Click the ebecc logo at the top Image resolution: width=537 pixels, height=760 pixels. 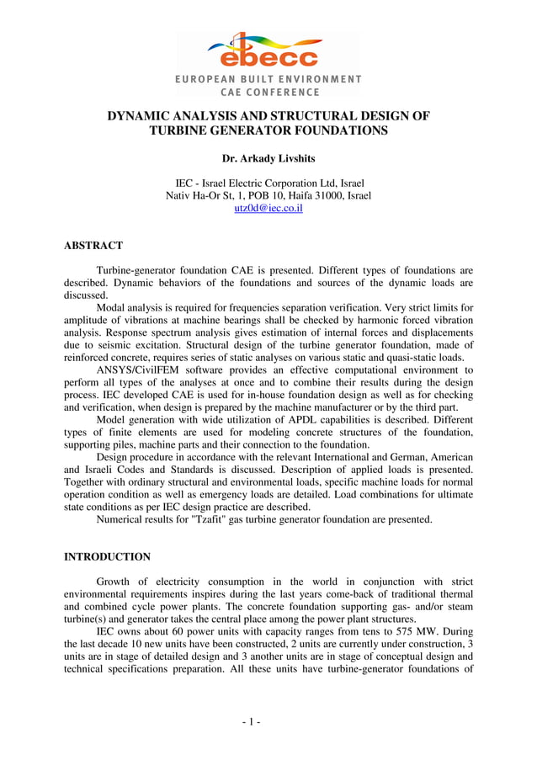point(268,51)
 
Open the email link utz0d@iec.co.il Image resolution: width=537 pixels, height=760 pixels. point(268,208)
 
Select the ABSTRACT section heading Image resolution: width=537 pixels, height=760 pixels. point(93,246)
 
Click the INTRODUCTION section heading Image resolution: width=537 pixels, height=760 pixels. point(107,556)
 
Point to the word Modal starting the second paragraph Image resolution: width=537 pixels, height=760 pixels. point(113,308)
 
